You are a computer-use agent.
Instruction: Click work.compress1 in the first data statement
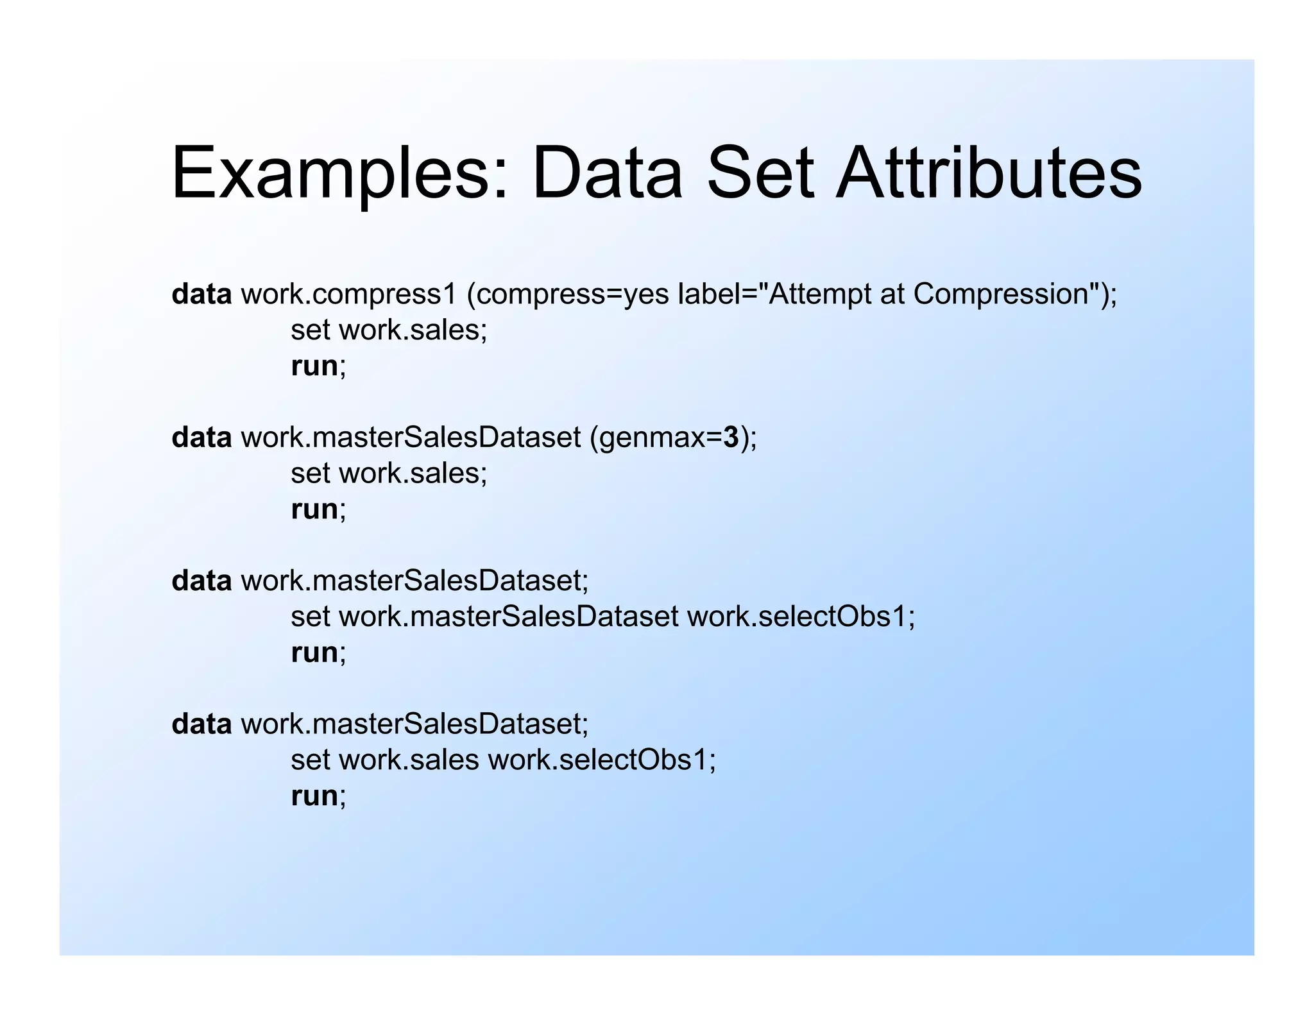point(348,294)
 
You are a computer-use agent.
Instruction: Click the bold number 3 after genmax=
point(731,438)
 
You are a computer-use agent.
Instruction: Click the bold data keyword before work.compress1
point(201,294)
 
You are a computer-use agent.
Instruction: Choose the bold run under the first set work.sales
point(314,366)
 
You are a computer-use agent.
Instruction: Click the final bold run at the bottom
point(314,796)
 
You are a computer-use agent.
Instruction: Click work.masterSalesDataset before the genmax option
point(411,438)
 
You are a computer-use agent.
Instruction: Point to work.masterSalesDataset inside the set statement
point(508,617)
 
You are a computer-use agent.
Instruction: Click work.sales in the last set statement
point(409,760)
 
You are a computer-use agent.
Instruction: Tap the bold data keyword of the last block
point(201,724)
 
